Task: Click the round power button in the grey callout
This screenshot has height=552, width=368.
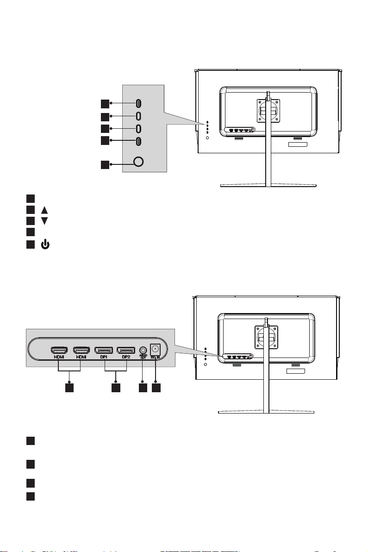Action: click(138, 162)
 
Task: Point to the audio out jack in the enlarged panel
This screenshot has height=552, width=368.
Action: click(143, 351)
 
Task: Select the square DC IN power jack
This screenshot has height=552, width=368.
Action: click(156, 350)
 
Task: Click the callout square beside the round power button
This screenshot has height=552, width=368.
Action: click(106, 164)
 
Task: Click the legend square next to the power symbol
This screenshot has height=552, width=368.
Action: click(30, 241)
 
